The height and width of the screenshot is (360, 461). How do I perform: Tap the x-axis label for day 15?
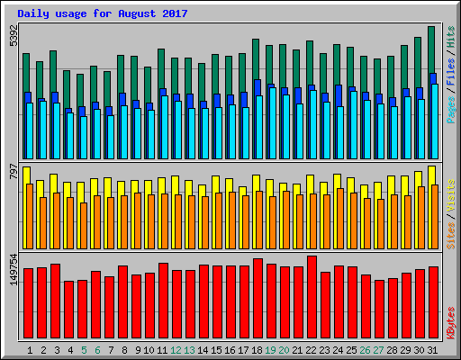217,350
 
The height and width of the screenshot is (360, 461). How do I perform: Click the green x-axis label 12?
176,350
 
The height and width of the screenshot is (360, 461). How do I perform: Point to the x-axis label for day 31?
433,350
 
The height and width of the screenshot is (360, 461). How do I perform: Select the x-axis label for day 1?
30,350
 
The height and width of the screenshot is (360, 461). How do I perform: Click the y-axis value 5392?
13,36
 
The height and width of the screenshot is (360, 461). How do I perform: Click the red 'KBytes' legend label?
450,321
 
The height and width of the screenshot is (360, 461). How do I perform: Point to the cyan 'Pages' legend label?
450,110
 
